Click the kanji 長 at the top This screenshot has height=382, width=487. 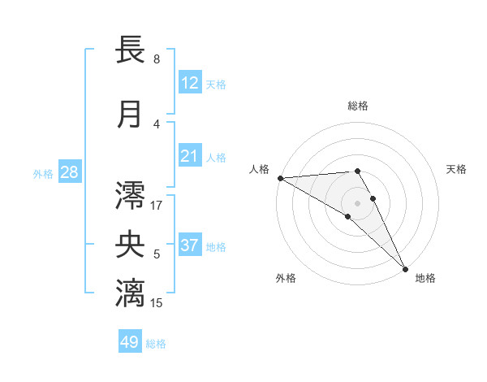pyautogui.click(x=131, y=50)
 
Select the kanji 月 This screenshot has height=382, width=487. pyautogui.click(x=131, y=115)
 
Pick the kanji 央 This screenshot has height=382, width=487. pyautogui.click(x=131, y=245)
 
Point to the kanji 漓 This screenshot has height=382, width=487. pyautogui.click(x=131, y=293)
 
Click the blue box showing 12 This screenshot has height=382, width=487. pyautogui.click(x=190, y=83)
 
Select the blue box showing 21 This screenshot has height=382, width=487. pyautogui.click(x=190, y=156)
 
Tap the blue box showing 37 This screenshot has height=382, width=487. pyautogui.click(x=190, y=245)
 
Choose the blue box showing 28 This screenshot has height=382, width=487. pyautogui.click(x=69, y=172)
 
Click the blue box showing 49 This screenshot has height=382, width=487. pyautogui.click(x=130, y=342)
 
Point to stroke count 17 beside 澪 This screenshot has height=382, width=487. pyautogui.click(x=157, y=206)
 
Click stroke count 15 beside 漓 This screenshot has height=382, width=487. pyautogui.click(x=157, y=303)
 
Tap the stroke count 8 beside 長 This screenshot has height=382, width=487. pyautogui.click(x=157, y=59)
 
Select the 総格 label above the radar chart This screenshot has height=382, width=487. pyautogui.click(x=357, y=106)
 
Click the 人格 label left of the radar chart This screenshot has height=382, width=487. pyautogui.click(x=259, y=169)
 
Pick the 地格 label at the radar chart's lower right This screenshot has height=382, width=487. pyautogui.click(x=425, y=278)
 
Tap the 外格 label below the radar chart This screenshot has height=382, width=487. pyautogui.click(x=286, y=278)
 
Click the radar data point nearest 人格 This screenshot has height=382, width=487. pyautogui.click(x=280, y=178)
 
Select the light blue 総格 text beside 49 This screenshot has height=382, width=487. pyautogui.click(x=156, y=344)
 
